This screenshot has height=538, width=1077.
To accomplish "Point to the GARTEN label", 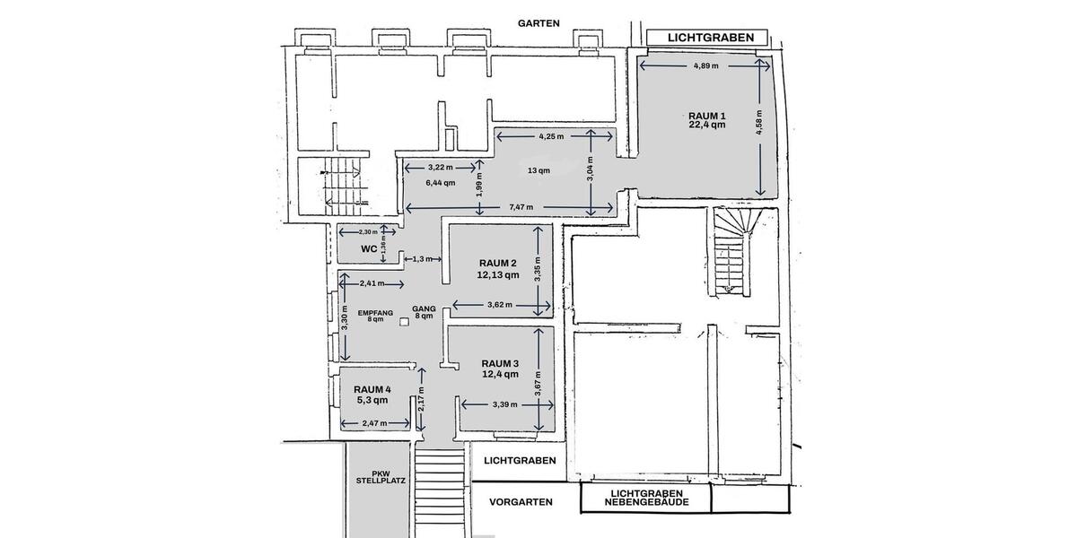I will [x=538, y=22].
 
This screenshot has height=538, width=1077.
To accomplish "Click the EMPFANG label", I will [x=376, y=313].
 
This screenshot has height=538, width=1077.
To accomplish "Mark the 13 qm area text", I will [x=538, y=170].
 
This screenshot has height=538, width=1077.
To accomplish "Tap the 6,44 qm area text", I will [x=440, y=182].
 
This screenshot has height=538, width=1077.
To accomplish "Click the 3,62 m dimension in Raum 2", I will [x=500, y=305].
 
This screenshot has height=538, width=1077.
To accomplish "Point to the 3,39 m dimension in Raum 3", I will [x=505, y=404].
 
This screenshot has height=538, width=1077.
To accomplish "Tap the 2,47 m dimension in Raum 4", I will [x=370, y=423].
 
